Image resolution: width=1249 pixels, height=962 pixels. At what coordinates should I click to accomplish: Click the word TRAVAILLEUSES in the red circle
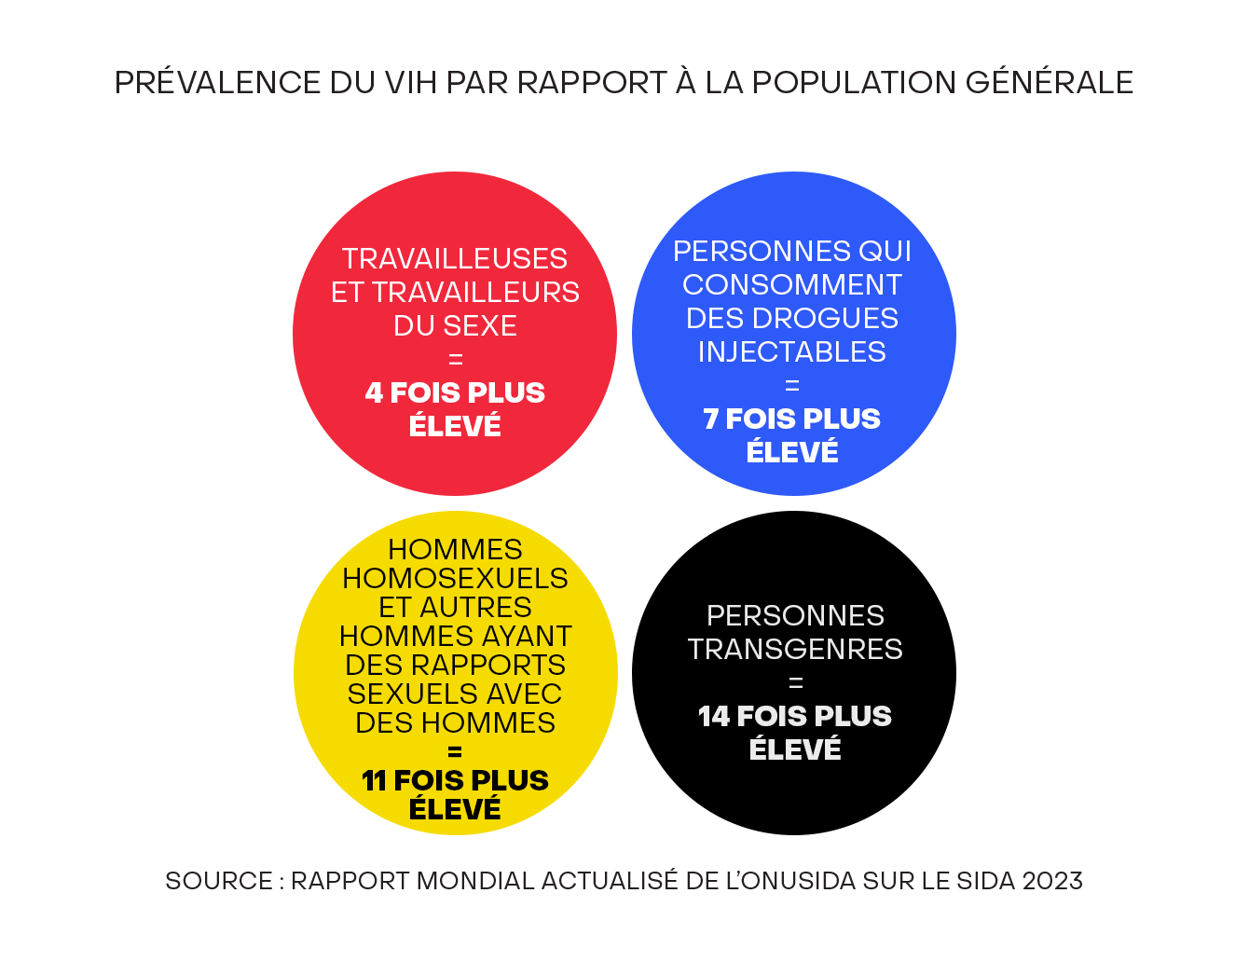pos(455,258)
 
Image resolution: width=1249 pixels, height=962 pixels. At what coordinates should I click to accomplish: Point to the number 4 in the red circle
pos(374,393)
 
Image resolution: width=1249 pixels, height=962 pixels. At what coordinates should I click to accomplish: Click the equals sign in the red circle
pos(455,360)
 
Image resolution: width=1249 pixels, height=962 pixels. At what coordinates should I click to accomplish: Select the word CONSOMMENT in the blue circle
pos(792,284)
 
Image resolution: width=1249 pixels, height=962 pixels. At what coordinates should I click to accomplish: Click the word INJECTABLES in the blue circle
pos(792,351)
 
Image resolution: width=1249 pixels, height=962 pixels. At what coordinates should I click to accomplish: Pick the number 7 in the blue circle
pos(710,419)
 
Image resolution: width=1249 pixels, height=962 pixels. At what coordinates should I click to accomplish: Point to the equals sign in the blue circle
pos(792,386)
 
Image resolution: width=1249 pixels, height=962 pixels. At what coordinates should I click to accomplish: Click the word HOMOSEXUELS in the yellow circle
pos(455,578)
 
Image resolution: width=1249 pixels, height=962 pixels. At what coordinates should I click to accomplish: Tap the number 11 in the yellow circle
pos(374,780)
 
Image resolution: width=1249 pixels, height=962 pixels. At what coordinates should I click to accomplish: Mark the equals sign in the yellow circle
pos(455,751)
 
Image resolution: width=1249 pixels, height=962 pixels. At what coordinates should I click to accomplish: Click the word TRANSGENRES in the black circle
pos(795,650)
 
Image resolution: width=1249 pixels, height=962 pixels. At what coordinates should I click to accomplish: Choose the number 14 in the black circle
pos(714,717)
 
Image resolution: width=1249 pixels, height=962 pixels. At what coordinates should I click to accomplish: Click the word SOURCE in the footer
pos(219,881)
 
